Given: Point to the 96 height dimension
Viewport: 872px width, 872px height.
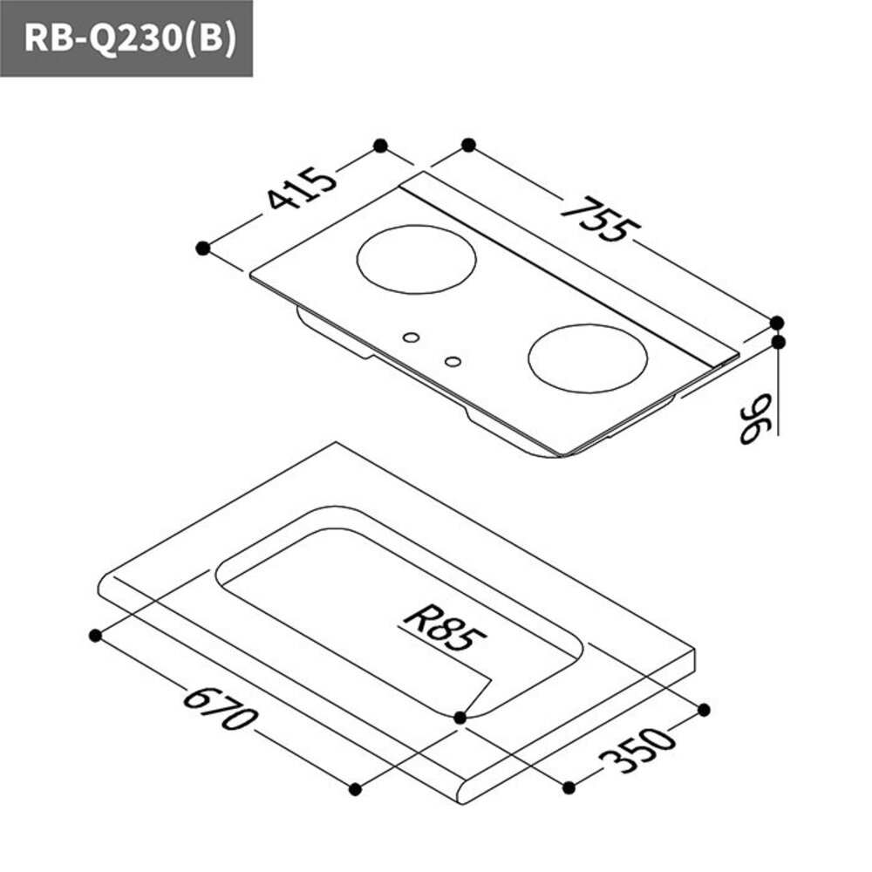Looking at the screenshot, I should (757, 419).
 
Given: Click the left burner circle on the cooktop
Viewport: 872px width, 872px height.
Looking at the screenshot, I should (418, 261).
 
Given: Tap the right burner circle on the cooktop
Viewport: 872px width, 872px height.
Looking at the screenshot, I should (588, 359).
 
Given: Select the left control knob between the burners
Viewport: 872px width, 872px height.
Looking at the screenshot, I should (411, 337).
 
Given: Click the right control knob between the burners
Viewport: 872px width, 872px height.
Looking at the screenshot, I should (452, 360).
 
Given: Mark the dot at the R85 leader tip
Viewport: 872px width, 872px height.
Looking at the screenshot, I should (460, 717).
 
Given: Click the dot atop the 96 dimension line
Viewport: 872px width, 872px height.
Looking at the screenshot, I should (778, 342).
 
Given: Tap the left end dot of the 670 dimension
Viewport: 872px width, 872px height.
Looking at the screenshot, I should (94, 635).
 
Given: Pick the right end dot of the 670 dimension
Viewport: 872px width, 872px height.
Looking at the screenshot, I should (355, 789).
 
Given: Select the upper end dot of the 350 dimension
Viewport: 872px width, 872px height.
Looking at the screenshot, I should (705, 708).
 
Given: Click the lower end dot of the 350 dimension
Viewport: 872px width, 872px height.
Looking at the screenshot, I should (569, 787).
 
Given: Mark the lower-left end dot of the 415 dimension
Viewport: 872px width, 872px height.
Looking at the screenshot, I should (203, 249).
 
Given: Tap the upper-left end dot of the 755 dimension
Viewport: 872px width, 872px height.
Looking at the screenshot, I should (468, 145).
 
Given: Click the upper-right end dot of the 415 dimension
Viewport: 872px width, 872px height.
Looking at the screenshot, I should (379, 145).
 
